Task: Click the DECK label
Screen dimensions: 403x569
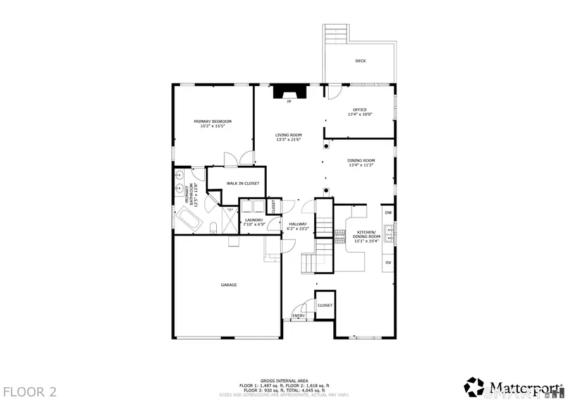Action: pyautogui.click(x=360, y=61)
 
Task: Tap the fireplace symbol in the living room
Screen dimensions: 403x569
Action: pyautogui.click(x=289, y=93)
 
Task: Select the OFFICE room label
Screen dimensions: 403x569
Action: pyautogui.click(x=360, y=109)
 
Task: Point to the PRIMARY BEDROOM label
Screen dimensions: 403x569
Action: pyautogui.click(x=212, y=121)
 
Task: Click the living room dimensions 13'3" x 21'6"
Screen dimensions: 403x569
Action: pyautogui.click(x=288, y=140)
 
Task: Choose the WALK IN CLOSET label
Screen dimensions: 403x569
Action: pyautogui.click(x=236, y=183)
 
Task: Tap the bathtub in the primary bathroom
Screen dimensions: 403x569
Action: pyautogui.click(x=188, y=221)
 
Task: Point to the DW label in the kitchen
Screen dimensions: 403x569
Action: pyautogui.click(x=388, y=213)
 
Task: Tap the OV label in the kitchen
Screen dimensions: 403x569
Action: pyautogui.click(x=388, y=262)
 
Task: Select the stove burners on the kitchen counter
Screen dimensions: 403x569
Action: pyautogui.click(x=341, y=235)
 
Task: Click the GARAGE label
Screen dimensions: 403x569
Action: pyautogui.click(x=229, y=285)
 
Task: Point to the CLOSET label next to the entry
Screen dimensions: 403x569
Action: pyautogui.click(x=325, y=305)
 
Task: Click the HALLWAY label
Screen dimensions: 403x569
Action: pyautogui.click(x=298, y=224)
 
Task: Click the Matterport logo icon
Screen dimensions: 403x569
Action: pyautogui.click(x=474, y=387)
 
